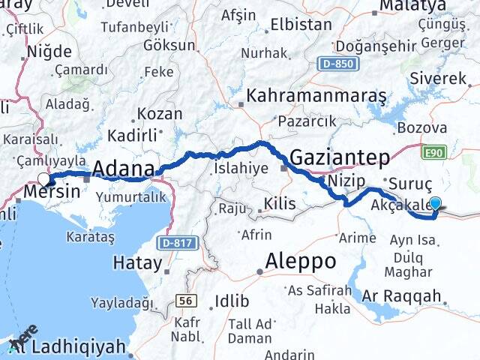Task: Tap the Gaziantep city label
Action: coord(340,157)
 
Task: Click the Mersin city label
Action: coord(52,191)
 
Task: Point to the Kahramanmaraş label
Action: coord(316,97)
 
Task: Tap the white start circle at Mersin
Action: coord(43,179)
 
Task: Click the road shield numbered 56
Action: coord(184,300)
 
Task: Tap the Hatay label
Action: coord(137,262)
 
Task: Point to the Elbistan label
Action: coord(300,24)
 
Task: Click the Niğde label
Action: coord(49,52)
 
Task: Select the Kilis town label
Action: coord(280,203)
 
